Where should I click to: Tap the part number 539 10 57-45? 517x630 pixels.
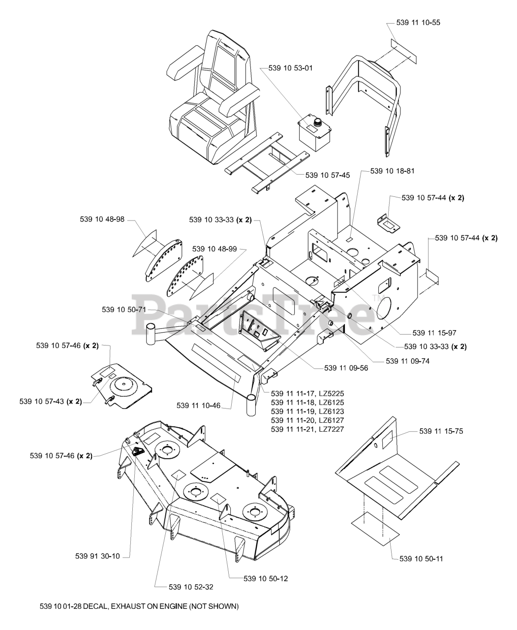coord(328,175)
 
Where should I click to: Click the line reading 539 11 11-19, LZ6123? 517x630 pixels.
coord(307,411)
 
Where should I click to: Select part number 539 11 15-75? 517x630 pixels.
coord(441,431)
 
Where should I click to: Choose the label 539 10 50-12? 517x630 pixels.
coord(266,578)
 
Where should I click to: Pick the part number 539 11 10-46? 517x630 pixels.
coord(199,405)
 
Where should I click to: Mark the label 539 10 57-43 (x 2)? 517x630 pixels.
coord(51,401)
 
